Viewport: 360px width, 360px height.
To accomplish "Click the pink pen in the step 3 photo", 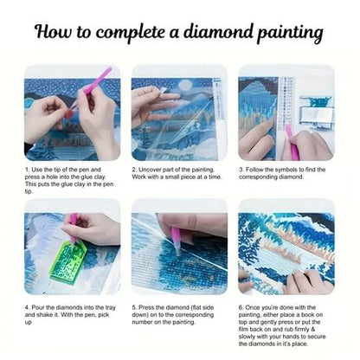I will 292,139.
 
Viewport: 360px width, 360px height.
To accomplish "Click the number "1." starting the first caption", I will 27,170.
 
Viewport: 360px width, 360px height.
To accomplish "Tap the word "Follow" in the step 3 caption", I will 257,170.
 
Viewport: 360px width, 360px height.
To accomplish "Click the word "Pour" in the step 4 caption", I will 40,307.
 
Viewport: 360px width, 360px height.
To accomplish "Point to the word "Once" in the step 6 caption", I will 256,307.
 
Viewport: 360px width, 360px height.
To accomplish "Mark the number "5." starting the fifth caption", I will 135,307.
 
